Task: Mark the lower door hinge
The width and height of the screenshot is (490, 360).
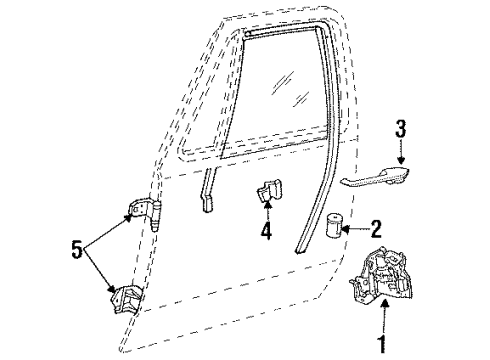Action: (x=127, y=297)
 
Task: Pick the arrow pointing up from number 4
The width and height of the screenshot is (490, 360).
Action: (x=265, y=211)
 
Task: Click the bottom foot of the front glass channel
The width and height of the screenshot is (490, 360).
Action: (x=207, y=205)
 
